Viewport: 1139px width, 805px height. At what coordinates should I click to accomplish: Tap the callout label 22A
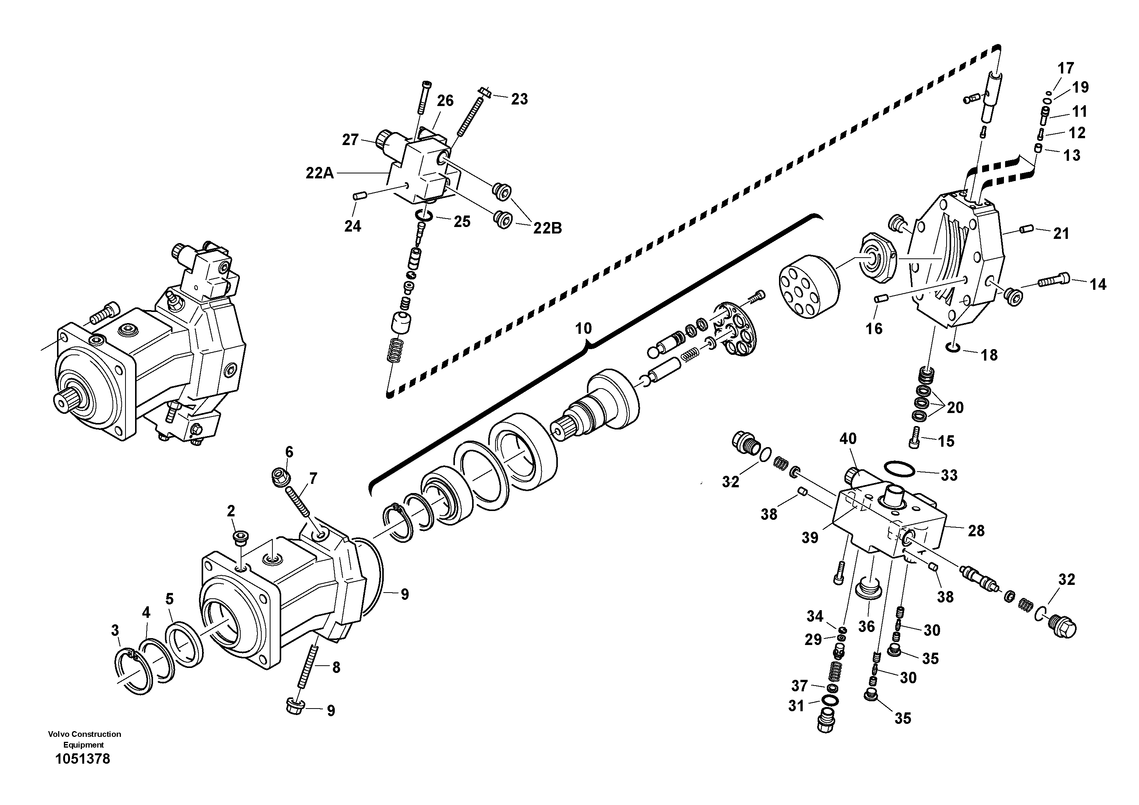319,173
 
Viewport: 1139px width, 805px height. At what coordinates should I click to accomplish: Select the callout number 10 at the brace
583,328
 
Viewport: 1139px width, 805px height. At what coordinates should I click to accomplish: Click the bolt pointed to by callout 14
1052,281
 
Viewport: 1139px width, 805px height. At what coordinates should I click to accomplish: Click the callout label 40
848,439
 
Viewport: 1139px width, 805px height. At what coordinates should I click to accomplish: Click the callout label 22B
548,228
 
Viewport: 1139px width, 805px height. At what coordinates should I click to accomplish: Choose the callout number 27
350,140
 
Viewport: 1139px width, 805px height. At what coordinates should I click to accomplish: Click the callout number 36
866,626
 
